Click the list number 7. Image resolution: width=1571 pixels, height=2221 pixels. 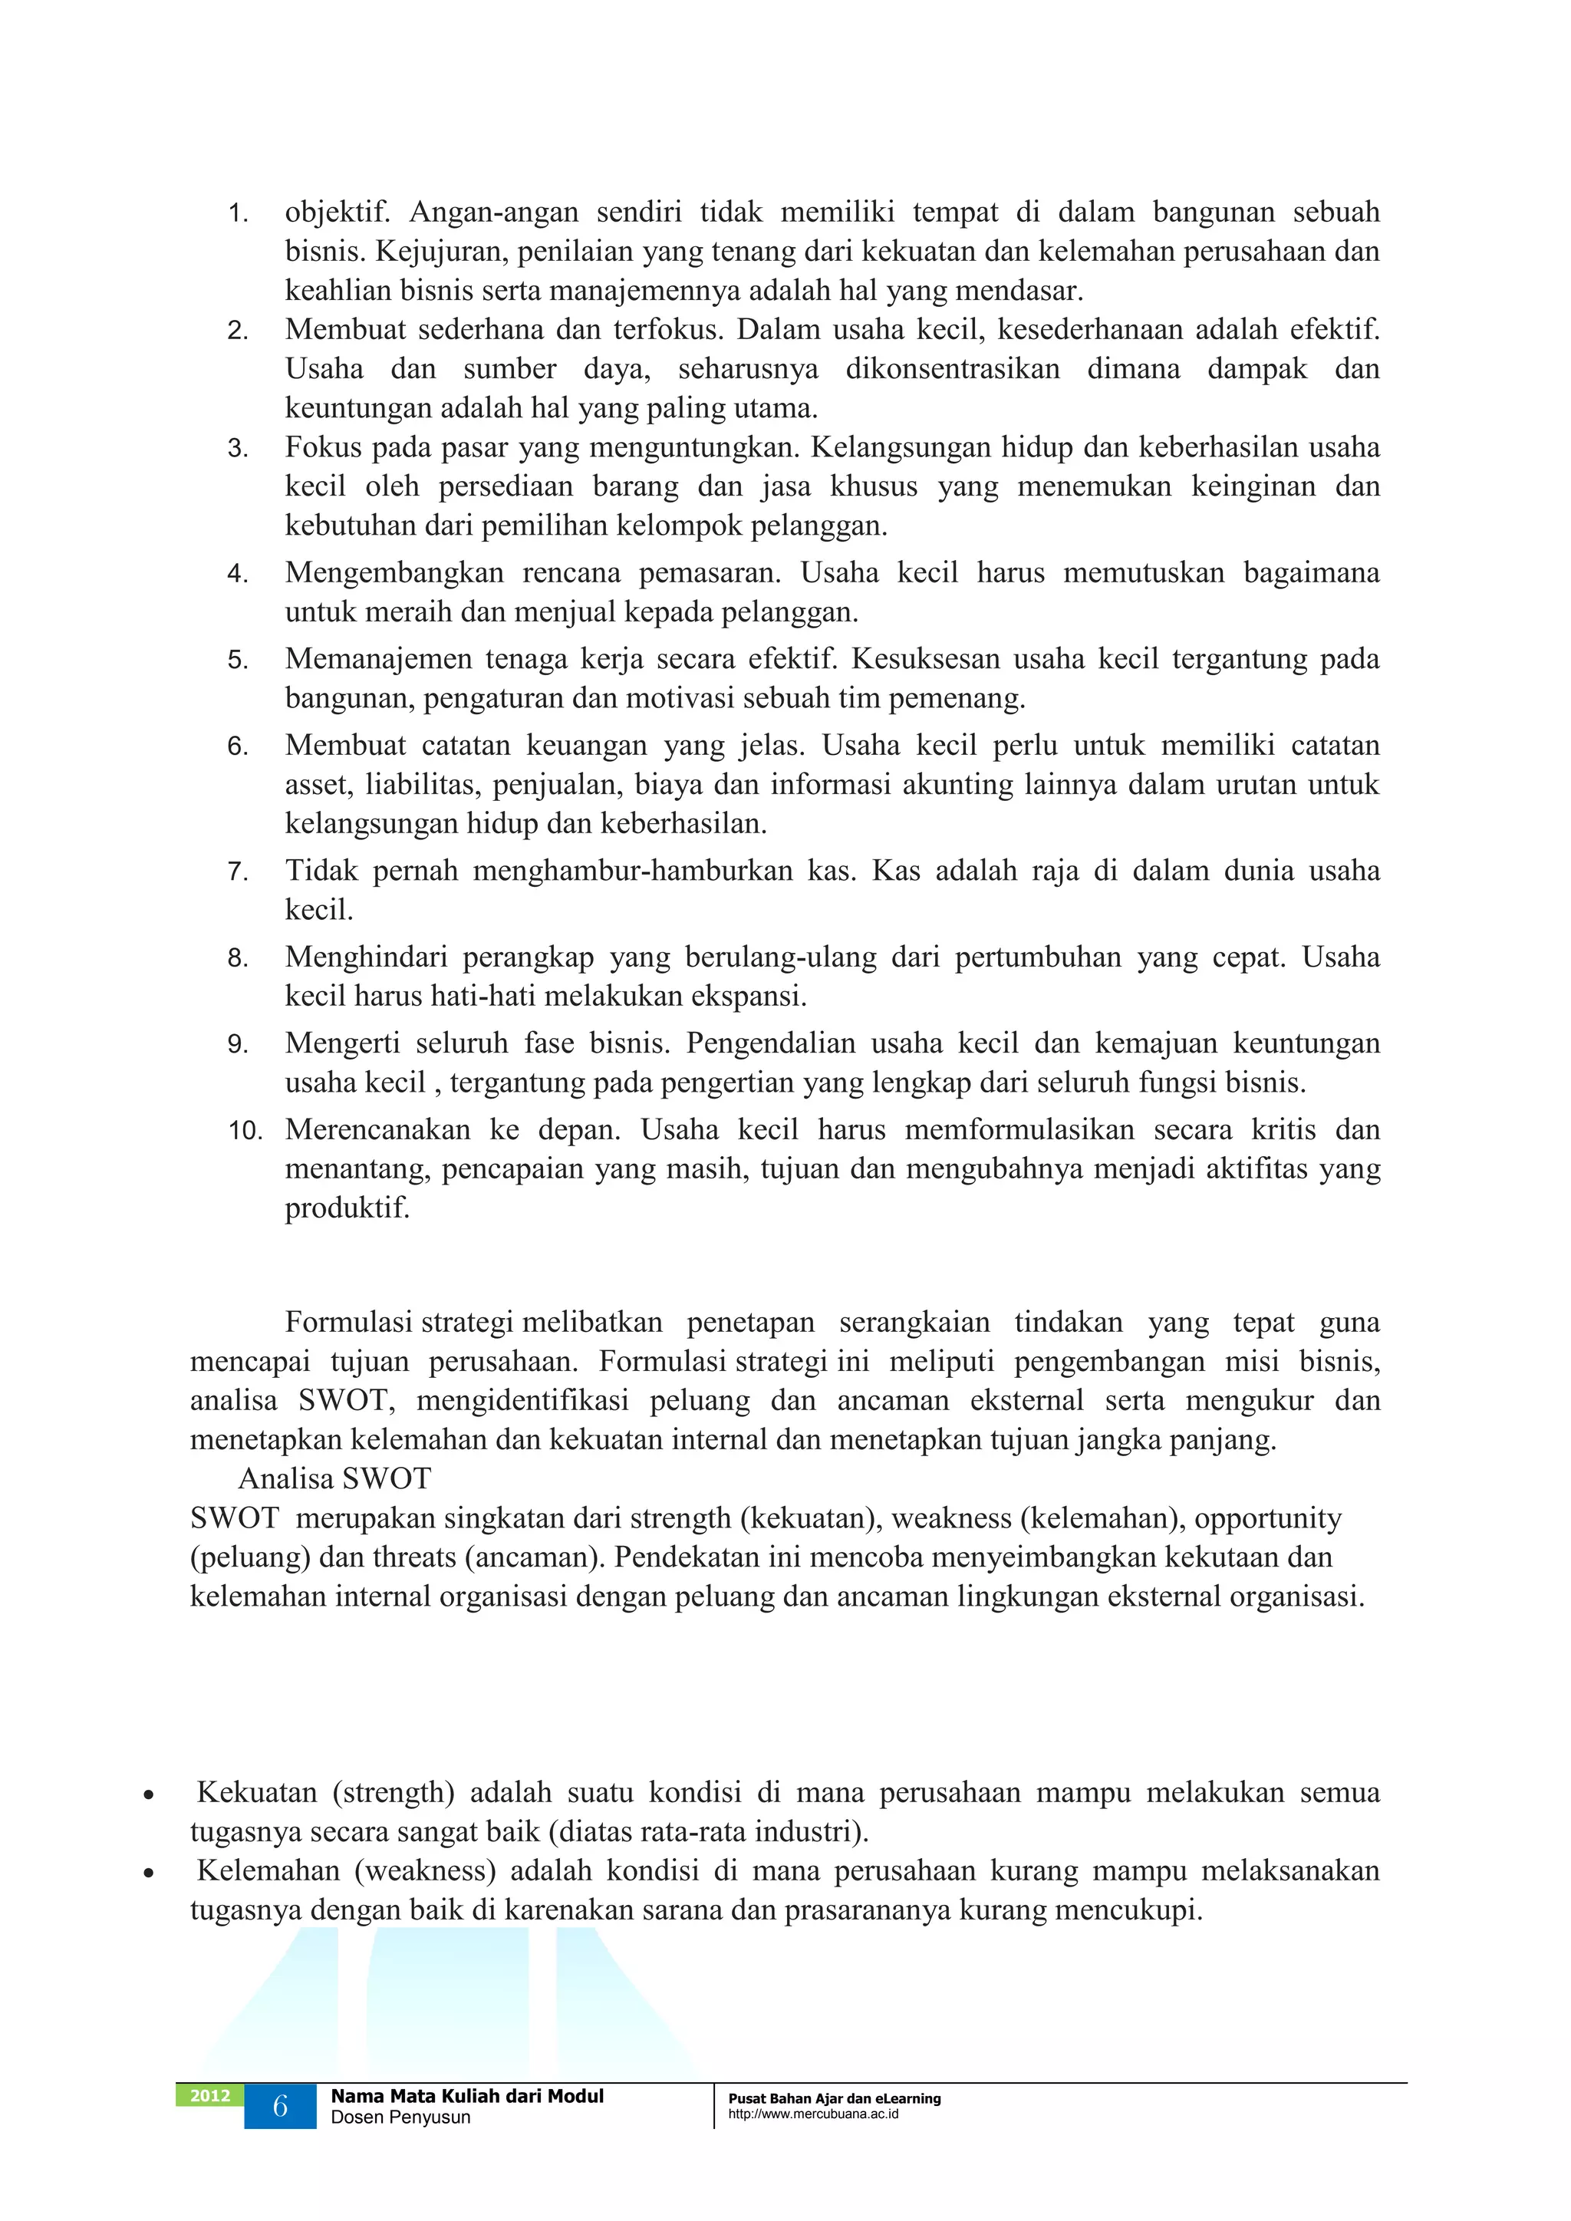(x=238, y=872)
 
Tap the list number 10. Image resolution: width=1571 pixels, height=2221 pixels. (x=245, y=1131)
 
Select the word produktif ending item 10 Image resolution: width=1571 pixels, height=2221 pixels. (x=346, y=1208)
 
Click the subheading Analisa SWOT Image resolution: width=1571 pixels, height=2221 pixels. (x=334, y=1479)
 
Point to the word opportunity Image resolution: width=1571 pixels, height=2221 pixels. (x=1267, y=1519)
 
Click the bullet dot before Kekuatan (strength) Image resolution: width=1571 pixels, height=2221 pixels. (x=148, y=1794)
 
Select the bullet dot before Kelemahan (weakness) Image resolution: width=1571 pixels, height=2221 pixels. (x=148, y=1873)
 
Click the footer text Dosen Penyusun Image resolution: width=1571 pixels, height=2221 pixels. (x=400, y=2117)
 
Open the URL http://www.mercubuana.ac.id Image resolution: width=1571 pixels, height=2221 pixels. (x=812, y=2114)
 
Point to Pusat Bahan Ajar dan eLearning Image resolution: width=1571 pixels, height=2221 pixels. (x=834, y=2098)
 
